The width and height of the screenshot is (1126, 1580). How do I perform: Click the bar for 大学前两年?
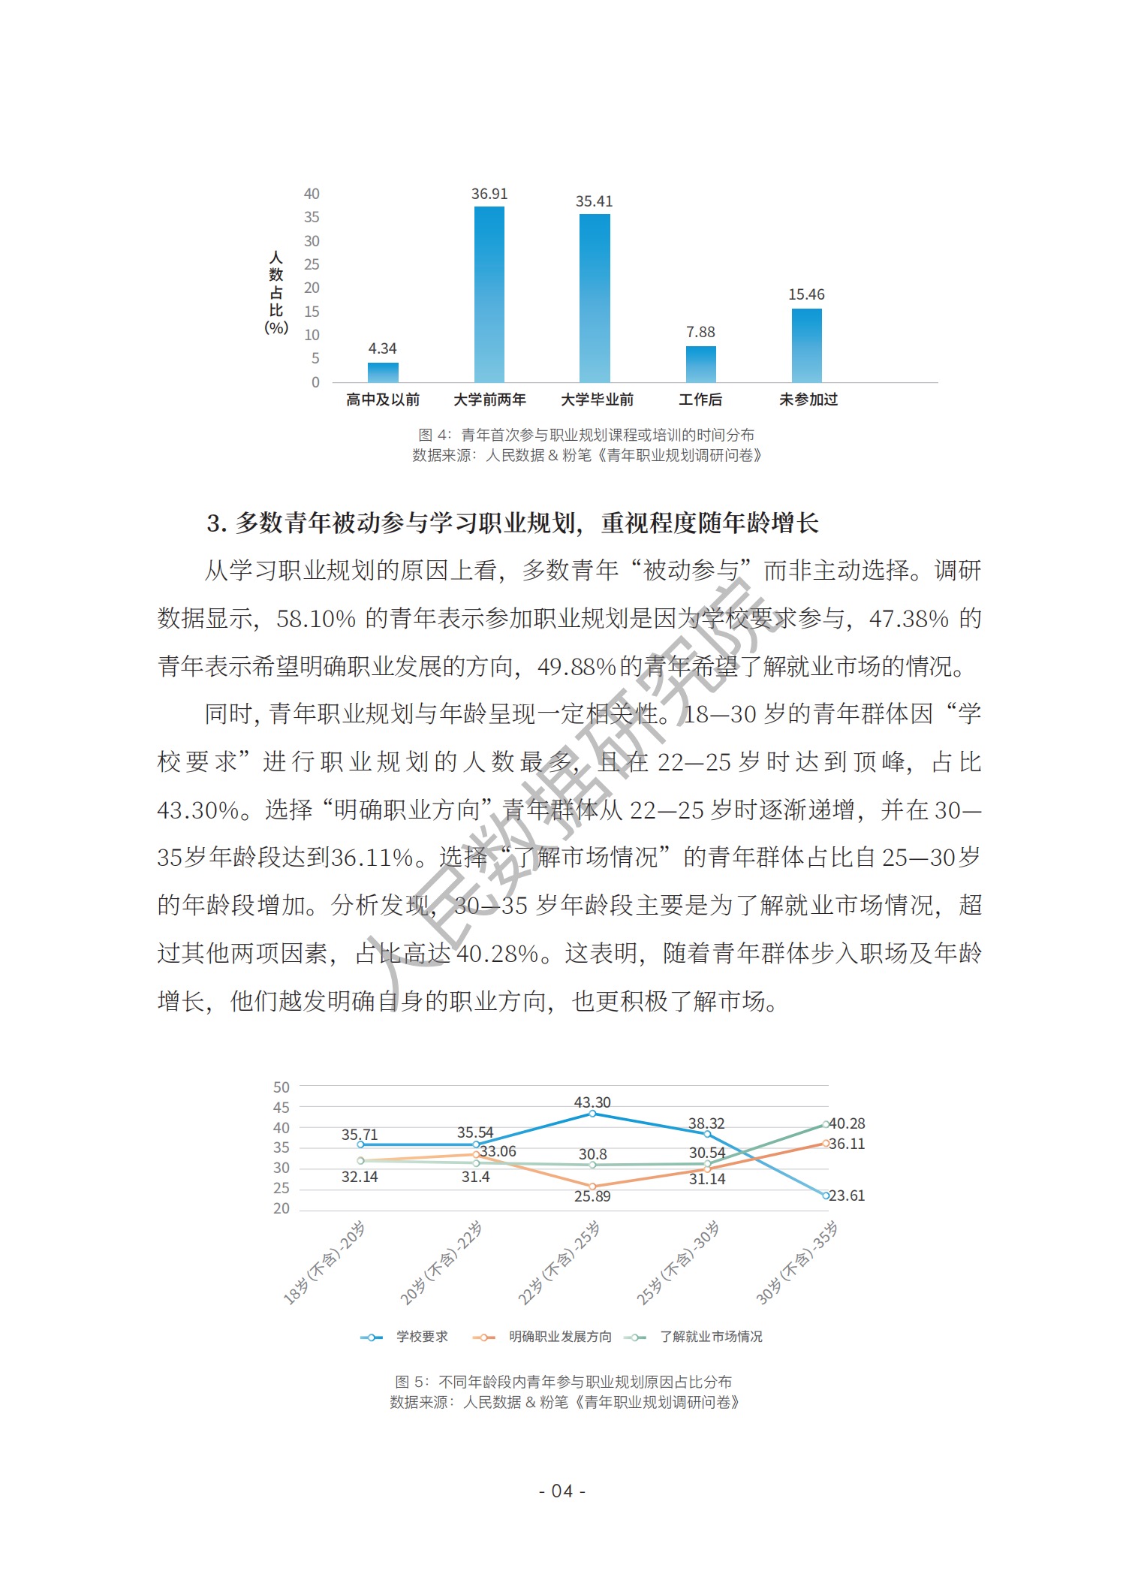pos(489,294)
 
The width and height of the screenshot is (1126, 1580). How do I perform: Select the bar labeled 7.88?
pos(700,364)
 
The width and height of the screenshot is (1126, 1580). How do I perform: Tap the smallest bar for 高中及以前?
pos(383,372)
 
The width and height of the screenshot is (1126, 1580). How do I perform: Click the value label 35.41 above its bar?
pos(594,201)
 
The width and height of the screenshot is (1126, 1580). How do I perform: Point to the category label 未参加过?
pos(808,400)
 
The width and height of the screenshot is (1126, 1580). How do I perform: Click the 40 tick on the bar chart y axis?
pos(312,194)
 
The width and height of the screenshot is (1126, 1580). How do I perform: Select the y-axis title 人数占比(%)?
pos(276,293)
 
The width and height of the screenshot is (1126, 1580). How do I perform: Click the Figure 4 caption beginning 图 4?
pos(586,435)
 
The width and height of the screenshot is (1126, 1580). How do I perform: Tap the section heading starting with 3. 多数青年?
pos(513,523)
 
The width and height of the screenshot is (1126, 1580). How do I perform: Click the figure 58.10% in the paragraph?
pos(316,619)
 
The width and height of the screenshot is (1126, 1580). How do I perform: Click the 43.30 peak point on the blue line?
pos(592,1114)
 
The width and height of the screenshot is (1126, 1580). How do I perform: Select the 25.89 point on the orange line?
pos(592,1187)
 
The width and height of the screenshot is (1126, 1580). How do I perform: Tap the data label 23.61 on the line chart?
pos(847,1196)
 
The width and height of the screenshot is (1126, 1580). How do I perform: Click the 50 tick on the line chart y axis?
pos(281,1087)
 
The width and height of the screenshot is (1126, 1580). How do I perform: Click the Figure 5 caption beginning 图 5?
pos(563,1382)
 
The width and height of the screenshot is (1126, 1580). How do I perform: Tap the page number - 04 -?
pos(562,1491)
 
